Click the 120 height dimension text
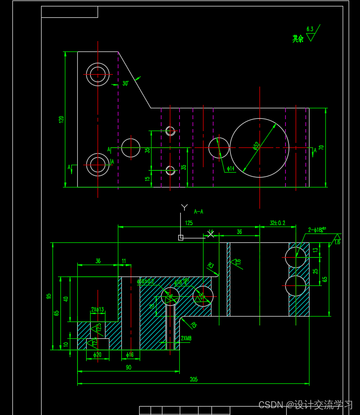pyautogui.click(x=61, y=119)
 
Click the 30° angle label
pyautogui.click(x=126, y=84)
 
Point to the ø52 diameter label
pyautogui.click(x=256, y=145)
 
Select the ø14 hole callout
pyautogui.click(x=231, y=169)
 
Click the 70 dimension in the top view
pyautogui.click(x=321, y=147)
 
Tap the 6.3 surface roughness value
pyautogui.click(x=310, y=29)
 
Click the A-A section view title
pyautogui.click(x=199, y=212)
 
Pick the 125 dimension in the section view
pyautogui.click(x=189, y=223)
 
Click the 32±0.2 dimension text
pyautogui.click(x=277, y=223)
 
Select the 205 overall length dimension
pyautogui.click(x=194, y=379)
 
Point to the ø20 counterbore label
pyautogui.click(x=97, y=355)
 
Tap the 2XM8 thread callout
pyautogui.click(x=186, y=338)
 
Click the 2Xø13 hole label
pyautogui.click(x=98, y=310)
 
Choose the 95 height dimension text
pyautogui.click(x=49, y=296)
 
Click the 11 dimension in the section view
pyautogui.click(x=124, y=261)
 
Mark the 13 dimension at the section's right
pyautogui.click(x=316, y=250)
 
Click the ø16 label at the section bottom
pyautogui.click(x=130, y=355)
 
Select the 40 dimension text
pyautogui.click(x=66, y=299)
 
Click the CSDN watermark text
pyautogui.click(x=305, y=405)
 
